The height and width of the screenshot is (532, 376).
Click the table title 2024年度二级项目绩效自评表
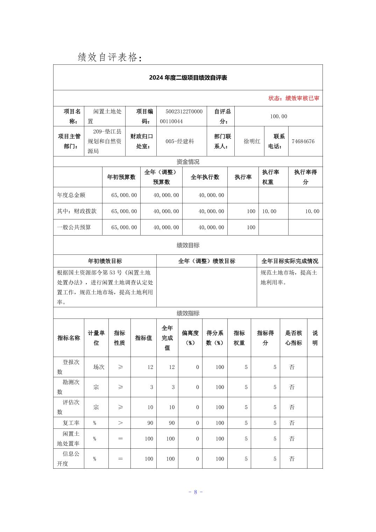188,78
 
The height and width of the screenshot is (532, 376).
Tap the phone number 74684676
303,141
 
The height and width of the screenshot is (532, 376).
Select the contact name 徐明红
252,141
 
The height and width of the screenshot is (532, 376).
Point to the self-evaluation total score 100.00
278,116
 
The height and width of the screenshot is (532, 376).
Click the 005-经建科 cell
180,141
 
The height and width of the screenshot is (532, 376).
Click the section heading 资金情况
188,162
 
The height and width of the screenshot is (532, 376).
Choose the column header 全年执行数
205,177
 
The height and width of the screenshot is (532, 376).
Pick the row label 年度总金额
71,195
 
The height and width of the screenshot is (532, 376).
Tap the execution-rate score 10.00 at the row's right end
312,211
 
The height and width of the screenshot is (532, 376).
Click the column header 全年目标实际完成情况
290,261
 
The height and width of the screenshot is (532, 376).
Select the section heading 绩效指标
188,313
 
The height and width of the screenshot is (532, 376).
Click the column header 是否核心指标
293,338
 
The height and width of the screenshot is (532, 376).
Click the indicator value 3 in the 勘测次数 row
151,387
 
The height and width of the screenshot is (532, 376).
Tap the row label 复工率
71,423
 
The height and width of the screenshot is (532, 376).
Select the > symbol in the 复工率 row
120,423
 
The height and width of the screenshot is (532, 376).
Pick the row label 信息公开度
68,458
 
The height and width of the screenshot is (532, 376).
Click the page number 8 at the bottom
196,492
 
